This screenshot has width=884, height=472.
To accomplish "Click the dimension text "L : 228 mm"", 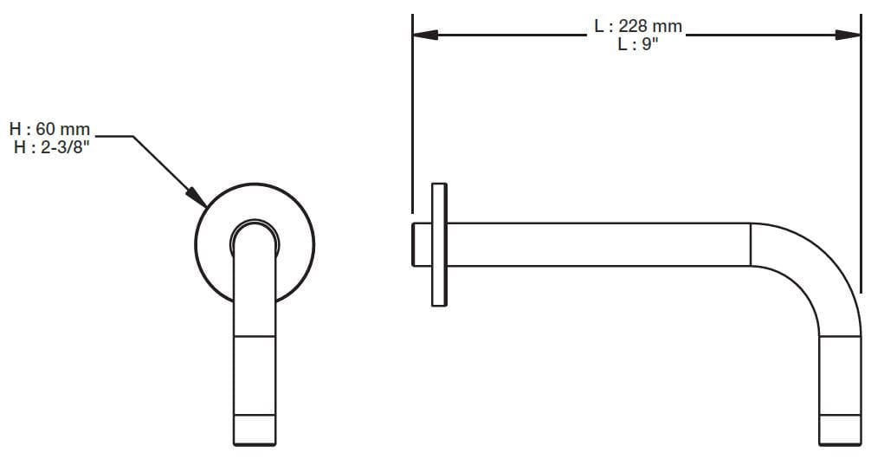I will (638, 27).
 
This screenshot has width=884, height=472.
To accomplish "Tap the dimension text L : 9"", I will (638, 44).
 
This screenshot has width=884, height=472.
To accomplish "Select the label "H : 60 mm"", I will (50, 130).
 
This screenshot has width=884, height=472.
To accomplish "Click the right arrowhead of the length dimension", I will (849, 36).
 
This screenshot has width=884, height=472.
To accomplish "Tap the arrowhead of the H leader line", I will (198, 199).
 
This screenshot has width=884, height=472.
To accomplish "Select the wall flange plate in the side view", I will (439, 243).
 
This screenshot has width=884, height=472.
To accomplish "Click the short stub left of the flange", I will (422, 244).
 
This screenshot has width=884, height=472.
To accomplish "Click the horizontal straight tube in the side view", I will (597, 244).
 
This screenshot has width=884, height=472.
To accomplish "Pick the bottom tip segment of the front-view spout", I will (255, 430).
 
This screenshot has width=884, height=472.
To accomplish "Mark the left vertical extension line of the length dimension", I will (412, 113).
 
